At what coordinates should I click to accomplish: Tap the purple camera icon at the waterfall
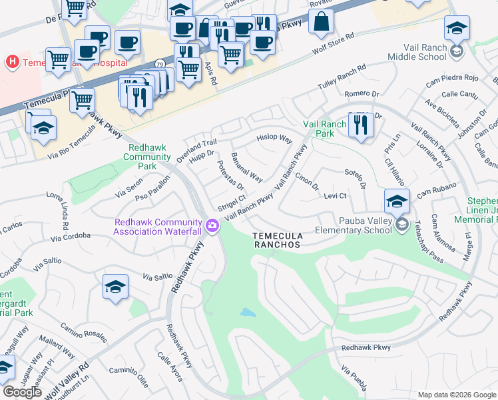tap(212, 226)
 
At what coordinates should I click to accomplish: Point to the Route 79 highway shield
tap(161, 64)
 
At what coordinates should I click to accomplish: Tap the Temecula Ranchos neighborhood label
tap(277, 240)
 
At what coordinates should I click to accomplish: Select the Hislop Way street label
tap(274, 139)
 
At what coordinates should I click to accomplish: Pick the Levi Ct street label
tap(336, 195)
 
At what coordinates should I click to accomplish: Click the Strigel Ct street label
tap(233, 201)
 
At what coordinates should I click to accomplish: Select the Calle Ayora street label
tap(170, 367)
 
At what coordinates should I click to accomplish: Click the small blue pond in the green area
tap(247, 312)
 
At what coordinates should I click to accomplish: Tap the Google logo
tap(22, 392)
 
